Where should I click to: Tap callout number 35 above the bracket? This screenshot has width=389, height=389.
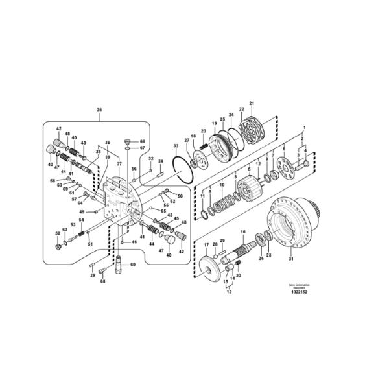(x=99, y=110)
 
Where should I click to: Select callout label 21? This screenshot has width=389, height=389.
(x=252, y=104)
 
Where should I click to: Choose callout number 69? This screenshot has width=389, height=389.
(x=133, y=265)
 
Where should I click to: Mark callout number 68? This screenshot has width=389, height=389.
(x=102, y=281)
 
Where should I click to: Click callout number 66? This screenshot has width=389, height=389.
(x=143, y=141)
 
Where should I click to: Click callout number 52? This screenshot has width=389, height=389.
(x=57, y=233)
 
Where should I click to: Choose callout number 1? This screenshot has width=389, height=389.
(x=304, y=128)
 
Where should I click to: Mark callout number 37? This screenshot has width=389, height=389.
(x=119, y=163)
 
